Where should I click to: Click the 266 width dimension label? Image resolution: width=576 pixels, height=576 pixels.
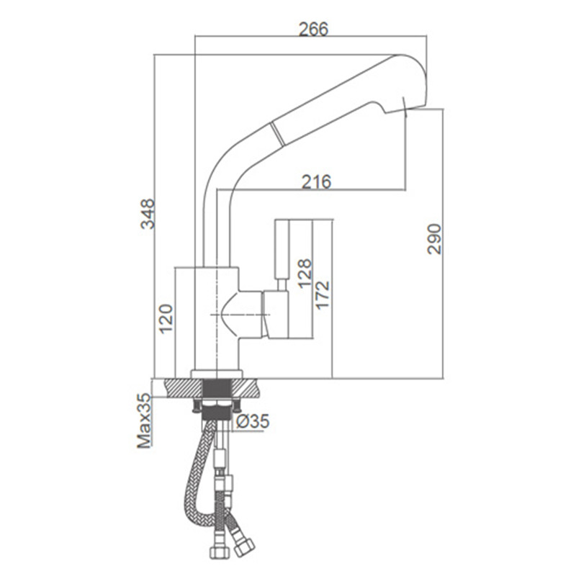click(x=313, y=29)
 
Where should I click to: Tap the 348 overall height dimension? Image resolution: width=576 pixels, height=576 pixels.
click(x=148, y=214)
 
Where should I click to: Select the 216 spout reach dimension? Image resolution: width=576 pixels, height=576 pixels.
click(x=316, y=181)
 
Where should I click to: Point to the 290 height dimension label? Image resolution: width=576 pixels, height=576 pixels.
click(x=434, y=239)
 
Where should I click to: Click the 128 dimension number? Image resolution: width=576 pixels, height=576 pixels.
click(x=305, y=274)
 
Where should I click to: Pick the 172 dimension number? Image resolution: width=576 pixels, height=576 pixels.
click(x=323, y=295)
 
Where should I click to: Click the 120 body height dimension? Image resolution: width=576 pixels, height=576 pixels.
click(x=166, y=318)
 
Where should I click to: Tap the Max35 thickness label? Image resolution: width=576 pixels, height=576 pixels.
click(x=144, y=420)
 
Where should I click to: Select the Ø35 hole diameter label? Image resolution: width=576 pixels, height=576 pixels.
click(x=253, y=421)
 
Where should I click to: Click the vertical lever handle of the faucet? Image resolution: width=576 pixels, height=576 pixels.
click(x=282, y=250)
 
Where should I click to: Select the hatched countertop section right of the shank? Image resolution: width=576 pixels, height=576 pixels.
click(x=245, y=388)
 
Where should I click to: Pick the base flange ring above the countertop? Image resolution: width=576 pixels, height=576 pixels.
click(x=217, y=374)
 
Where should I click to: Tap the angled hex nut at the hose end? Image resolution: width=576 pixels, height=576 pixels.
click(x=244, y=547)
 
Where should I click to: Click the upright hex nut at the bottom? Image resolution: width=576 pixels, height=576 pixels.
click(x=220, y=552)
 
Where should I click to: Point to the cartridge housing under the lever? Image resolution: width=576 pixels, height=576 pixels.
click(x=276, y=314)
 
